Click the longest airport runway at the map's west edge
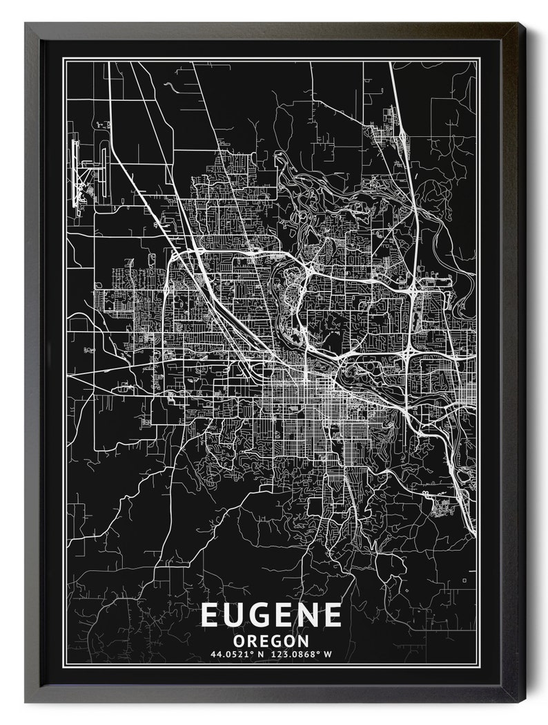pos(75,173)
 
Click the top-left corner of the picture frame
pos(26,23)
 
